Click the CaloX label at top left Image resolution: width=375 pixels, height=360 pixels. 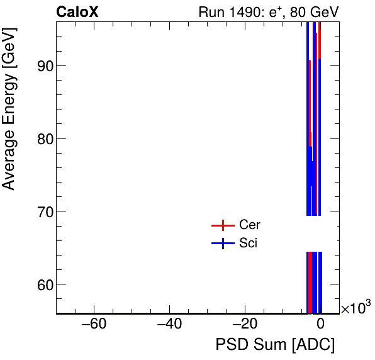[x=77, y=11]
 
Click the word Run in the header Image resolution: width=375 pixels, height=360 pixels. [x=211, y=11]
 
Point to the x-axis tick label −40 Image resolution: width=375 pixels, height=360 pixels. [x=169, y=325]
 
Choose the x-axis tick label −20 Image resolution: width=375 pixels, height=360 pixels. [x=244, y=325]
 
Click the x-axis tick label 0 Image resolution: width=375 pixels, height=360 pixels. [x=320, y=325]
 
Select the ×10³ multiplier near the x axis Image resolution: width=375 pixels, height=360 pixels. [x=356, y=308]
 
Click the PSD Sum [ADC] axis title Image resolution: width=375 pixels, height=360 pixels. [x=275, y=345]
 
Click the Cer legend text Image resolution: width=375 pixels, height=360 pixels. [x=250, y=225]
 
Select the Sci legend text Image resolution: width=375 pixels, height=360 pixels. [x=249, y=244]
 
